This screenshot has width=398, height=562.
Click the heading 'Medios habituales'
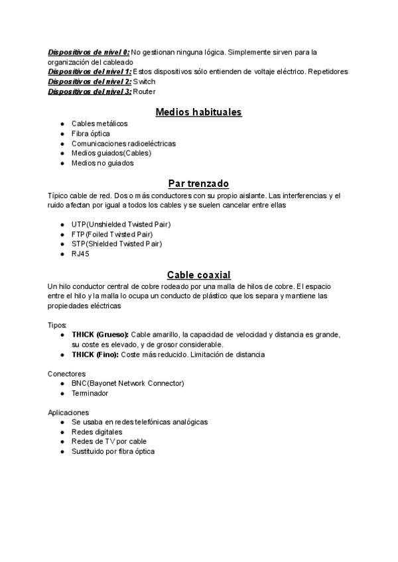198,111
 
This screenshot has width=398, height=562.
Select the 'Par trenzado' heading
198,184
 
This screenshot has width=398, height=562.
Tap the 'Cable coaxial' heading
198,274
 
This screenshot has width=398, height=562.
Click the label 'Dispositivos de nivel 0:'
89,52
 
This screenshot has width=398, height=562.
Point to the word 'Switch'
144,82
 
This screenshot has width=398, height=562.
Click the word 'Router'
145,91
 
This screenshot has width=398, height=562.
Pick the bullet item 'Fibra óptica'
90,133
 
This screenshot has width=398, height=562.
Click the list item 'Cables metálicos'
99,123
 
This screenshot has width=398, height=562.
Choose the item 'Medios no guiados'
103,162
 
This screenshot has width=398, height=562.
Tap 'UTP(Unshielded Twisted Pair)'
121,225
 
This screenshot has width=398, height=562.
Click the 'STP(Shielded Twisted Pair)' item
117,244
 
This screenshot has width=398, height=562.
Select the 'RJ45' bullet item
80,254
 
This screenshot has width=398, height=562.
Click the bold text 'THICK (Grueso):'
100,335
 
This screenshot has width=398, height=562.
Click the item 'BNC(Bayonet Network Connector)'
127,383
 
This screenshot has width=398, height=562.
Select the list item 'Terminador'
90,393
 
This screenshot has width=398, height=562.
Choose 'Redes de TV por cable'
109,441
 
